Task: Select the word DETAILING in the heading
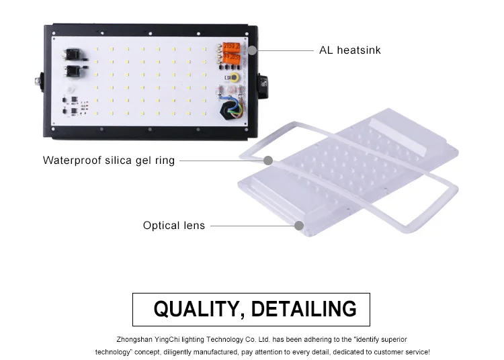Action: click(x=304, y=309)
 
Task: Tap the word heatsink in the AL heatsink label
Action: click(x=359, y=50)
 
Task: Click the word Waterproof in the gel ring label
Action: click(x=72, y=161)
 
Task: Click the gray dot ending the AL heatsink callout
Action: click(x=252, y=50)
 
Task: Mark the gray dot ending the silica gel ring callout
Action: click(x=268, y=161)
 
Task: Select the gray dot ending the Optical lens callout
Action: click(x=299, y=226)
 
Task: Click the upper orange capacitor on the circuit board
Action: click(x=231, y=48)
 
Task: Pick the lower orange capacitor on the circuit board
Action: click(x=231, y=58)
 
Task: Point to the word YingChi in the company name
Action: click(x=175, y=340)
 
